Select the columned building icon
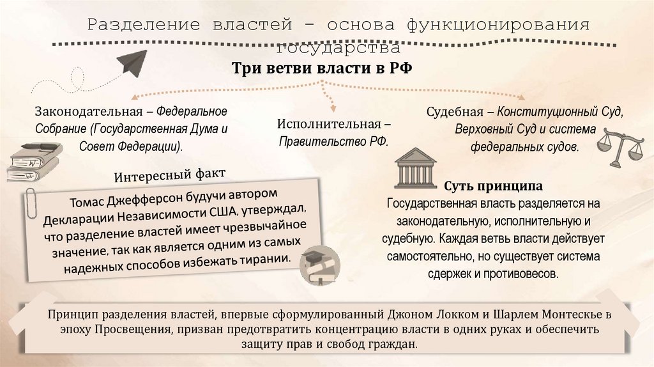point(415,168)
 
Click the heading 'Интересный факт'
point(170,175)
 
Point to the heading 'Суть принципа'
point(493,187)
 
